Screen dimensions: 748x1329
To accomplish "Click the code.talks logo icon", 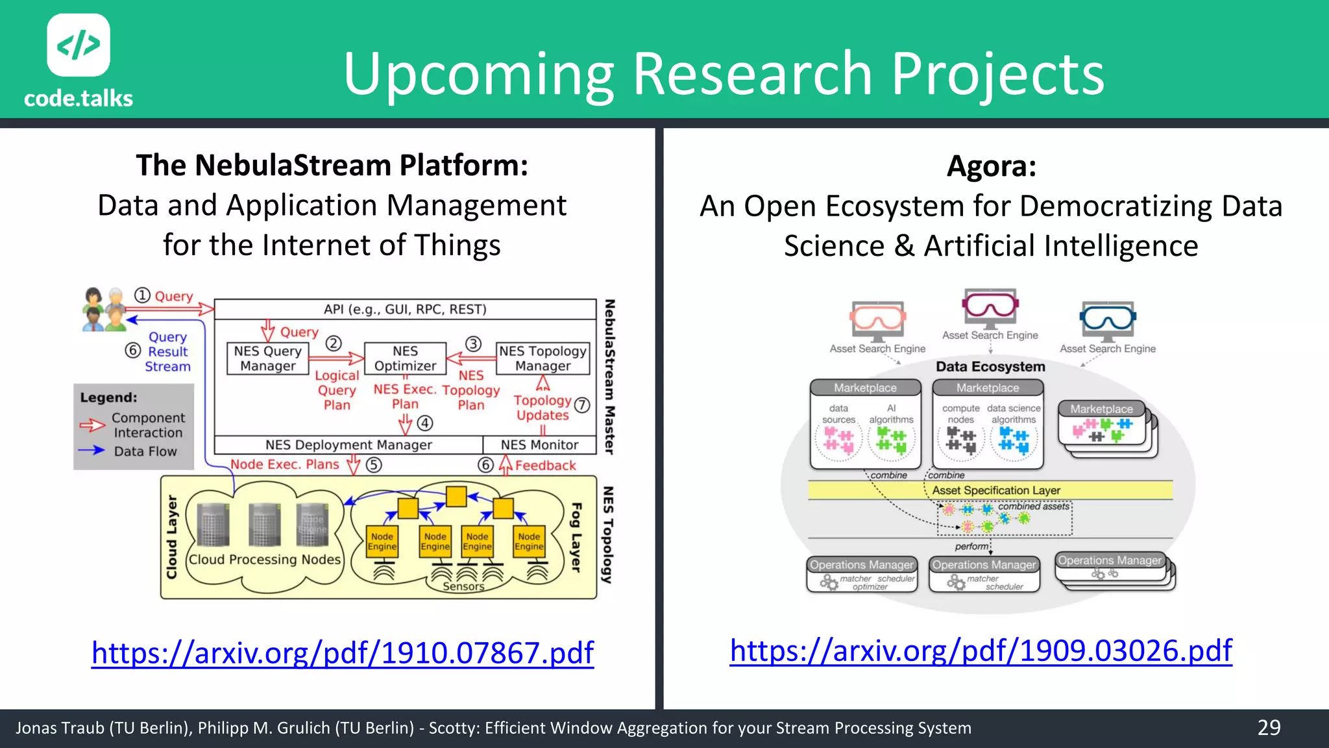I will [79, 45].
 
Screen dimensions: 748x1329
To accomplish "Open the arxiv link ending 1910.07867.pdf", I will [342, 653].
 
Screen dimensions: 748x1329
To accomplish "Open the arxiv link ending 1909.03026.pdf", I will [981, 651].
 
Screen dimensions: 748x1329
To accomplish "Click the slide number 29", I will [1269, 728].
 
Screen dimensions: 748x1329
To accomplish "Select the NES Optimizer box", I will [405, 358].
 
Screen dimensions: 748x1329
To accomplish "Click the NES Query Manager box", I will [267, 358].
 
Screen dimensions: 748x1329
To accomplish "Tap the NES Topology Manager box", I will [543, 358].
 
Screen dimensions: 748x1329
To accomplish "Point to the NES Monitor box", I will [539, 445].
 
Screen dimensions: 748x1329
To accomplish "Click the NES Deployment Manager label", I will [348, 445].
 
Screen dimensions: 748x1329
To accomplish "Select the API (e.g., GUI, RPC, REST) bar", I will [405, 309].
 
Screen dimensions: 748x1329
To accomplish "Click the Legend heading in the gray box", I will [108, 397].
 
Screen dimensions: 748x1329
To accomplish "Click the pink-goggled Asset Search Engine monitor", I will [990, 308].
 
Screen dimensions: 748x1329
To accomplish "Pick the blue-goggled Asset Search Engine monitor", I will [1108, 320].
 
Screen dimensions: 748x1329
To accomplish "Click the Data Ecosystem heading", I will [990, 367].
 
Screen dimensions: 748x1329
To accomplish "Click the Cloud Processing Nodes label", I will [264, 560].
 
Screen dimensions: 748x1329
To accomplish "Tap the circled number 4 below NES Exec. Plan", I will [425, 423].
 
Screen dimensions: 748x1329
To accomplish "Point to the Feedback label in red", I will [545, 466].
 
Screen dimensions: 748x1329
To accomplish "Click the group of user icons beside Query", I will [104, 309].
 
